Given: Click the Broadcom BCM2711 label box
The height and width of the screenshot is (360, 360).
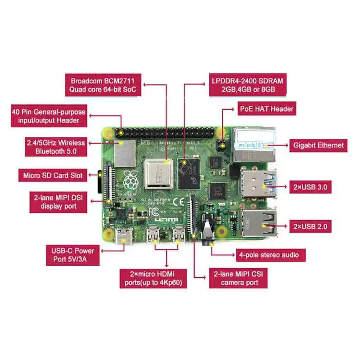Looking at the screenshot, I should point(103,85).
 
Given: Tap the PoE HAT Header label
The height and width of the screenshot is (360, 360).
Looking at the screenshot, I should point(266,109).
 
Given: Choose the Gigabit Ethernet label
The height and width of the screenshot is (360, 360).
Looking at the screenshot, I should point(318,145).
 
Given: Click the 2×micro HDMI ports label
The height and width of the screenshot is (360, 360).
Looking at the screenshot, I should point(153,278).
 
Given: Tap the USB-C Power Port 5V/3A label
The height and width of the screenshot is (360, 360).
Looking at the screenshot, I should point(72,255).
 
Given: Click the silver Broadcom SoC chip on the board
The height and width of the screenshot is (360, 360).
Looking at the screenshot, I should point(159,173).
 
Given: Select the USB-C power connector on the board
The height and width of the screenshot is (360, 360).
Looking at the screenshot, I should point(121,235).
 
